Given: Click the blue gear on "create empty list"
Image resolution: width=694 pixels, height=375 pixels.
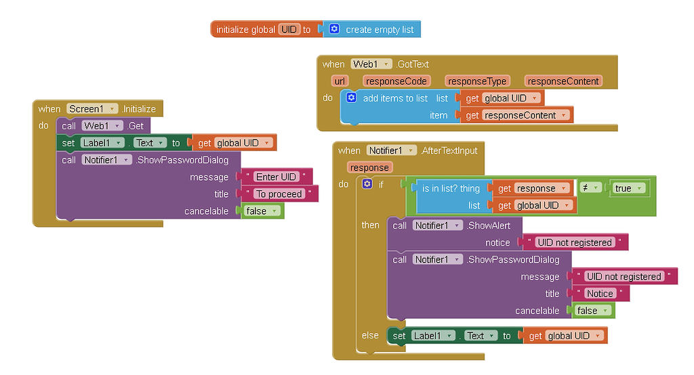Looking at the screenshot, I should point(334,29).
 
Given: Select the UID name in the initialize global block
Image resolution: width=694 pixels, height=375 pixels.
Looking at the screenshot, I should point(289,30).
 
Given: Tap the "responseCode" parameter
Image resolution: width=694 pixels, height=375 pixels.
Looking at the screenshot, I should point(396,81).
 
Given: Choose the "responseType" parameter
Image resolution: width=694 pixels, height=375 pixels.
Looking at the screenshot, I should point(477,81).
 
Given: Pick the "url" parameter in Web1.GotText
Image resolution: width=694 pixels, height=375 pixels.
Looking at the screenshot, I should point(340,81).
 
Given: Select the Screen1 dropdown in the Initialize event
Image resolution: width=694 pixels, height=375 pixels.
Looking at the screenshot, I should point(92,109).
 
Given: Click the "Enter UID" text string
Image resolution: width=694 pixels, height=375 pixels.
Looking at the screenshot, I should point(277,177).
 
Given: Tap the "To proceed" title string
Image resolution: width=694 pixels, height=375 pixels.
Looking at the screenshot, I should point(280,194).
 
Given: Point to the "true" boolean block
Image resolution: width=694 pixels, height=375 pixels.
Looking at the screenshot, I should point(628,189).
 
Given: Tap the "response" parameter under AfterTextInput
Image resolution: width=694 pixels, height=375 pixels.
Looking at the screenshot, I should point(369,167).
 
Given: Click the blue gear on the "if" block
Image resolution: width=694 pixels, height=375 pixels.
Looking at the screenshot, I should point(367,184).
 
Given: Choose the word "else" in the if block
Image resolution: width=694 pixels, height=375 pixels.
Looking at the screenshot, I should point(370,335).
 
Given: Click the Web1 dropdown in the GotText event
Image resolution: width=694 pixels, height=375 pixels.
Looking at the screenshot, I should point(371,64).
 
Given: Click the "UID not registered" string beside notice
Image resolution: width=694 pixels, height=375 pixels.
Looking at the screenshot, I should point(574,242).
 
